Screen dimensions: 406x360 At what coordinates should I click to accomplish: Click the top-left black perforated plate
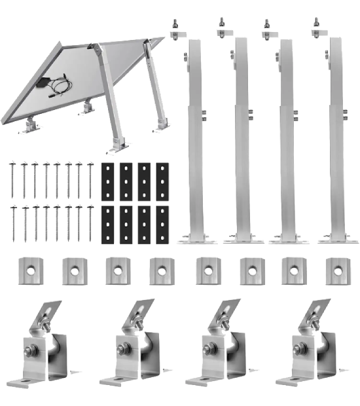[109, 181]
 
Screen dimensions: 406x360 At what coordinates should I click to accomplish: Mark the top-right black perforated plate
[162, 181]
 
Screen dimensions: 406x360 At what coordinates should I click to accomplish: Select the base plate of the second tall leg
[243, 239]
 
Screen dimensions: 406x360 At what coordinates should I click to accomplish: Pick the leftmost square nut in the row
[29, 270]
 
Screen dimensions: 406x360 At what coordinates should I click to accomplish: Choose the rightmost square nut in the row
[338, 270]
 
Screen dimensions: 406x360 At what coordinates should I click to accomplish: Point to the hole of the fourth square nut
[162, 270]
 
